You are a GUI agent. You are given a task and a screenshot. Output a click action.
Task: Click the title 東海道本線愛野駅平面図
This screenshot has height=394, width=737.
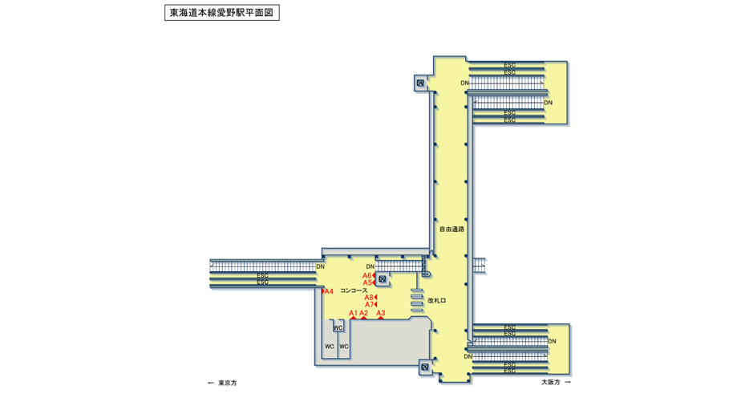(221, 14)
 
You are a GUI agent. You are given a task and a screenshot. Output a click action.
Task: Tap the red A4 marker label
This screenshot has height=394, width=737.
(328, 291)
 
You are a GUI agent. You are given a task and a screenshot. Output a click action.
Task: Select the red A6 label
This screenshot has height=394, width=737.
(366, 275)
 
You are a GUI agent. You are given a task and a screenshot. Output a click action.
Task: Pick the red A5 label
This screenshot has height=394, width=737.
(366, 282)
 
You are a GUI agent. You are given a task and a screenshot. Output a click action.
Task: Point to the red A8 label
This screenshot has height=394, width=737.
(369, 298)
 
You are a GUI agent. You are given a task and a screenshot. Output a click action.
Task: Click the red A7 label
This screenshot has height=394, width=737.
(369, 305)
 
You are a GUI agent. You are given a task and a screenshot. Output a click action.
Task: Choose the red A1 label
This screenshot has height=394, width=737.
(353, 313)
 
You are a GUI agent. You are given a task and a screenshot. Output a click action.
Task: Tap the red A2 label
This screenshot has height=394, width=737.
(363, 313)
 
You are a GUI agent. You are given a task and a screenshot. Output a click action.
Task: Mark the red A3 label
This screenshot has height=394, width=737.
(381, 313)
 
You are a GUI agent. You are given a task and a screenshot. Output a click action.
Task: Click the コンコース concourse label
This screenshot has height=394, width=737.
(354, 290)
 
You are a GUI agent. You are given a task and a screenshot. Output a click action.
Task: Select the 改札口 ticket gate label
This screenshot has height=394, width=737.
(436, 301)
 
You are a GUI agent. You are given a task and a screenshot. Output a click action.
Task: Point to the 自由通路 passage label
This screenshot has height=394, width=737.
(452, 229)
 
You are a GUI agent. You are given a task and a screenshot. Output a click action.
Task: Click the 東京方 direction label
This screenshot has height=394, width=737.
(228, 383)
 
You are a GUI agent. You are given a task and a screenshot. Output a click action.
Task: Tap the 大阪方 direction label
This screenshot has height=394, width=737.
(550, 382)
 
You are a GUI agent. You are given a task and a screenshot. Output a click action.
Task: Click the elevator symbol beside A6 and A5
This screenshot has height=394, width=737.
(383, 279)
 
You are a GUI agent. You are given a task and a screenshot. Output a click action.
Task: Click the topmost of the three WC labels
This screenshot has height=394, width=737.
(338, 327)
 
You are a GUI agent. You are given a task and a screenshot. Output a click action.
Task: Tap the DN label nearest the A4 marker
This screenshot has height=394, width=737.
(320, 266)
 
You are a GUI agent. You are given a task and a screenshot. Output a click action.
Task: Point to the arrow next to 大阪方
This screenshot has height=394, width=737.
(568, 382)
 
